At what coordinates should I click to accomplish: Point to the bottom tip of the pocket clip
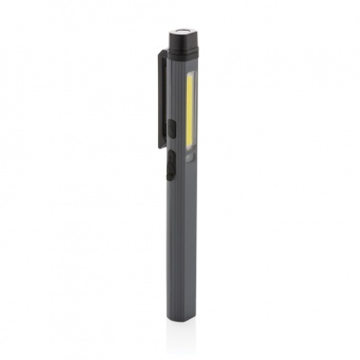(158, 144)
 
